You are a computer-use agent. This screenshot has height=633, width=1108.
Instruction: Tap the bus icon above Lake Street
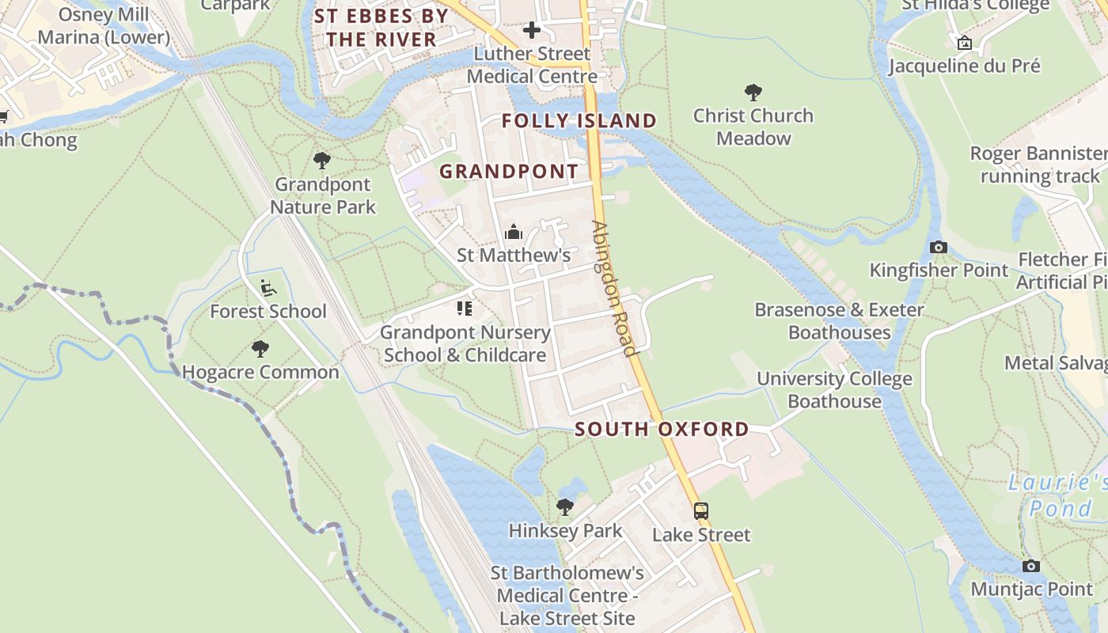coord(701,511)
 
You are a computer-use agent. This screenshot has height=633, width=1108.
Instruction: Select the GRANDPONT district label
coord(509,172)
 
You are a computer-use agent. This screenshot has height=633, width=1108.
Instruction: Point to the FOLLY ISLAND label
coord(579,121)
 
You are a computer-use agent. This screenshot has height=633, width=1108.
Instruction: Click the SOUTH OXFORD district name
coord(662,430)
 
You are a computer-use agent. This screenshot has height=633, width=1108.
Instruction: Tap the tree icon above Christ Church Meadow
coord(753,93)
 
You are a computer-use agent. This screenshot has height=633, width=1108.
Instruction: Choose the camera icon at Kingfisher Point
coord(939,248)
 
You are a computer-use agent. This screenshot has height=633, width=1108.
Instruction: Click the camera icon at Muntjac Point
coord(1030,567)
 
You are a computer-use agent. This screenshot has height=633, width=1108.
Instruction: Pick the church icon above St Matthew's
coord(514,233)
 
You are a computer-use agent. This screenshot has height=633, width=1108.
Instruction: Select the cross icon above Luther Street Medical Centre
coord(532,31)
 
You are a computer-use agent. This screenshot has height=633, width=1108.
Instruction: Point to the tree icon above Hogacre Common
coord(260,349)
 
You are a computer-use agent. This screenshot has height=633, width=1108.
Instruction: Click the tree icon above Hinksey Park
coord(565,507)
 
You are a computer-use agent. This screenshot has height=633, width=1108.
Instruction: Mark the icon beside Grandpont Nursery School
coord(465,309)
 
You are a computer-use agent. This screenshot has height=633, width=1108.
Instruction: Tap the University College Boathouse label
coord(834,390)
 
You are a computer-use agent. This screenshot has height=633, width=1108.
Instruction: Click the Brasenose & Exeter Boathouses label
coord(839,320)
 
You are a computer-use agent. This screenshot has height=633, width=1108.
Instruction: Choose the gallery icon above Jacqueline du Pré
coord(964,43)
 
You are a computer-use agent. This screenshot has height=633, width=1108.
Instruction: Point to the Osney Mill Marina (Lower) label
coord(104,26)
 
